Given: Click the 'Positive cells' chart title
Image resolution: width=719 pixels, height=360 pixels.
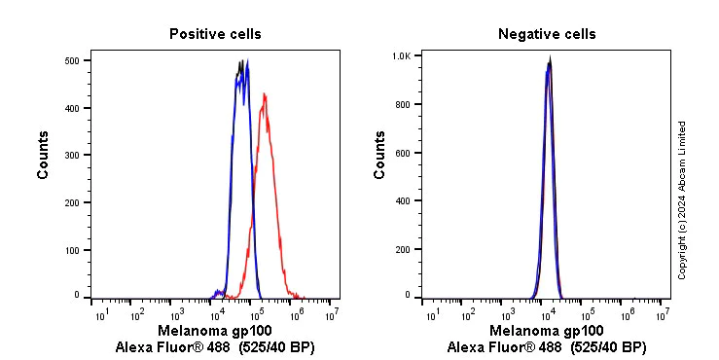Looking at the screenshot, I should coord(215,34).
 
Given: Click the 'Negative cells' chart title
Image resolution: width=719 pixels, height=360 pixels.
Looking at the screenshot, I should coord(547,34).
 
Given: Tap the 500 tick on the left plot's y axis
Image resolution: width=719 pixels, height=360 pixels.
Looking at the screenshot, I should coord(71,60).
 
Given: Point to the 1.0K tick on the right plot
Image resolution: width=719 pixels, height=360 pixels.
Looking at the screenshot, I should coord(400,56).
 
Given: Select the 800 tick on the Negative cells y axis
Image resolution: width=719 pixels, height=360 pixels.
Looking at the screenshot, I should coord(402,104).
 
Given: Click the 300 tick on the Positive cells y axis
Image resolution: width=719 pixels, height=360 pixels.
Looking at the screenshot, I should coord(71,156).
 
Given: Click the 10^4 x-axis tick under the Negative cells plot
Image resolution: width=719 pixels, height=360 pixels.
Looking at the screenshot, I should coord(547,314).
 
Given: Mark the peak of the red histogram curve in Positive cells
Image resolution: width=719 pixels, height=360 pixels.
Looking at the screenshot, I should coord(265,94).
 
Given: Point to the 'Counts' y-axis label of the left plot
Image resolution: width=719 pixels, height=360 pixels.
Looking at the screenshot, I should coord(44,156).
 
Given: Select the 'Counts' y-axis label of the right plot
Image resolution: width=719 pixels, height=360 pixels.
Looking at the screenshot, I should coord(379,156).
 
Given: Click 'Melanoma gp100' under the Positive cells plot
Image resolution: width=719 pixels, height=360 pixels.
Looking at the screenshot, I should coord(215,331).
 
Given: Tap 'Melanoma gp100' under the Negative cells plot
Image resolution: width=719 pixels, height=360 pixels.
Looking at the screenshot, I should coord(547,331).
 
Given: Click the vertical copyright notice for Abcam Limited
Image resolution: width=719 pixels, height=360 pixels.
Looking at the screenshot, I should coord(682,199).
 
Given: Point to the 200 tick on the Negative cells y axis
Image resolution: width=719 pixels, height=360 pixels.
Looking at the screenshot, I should coord(402,248).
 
